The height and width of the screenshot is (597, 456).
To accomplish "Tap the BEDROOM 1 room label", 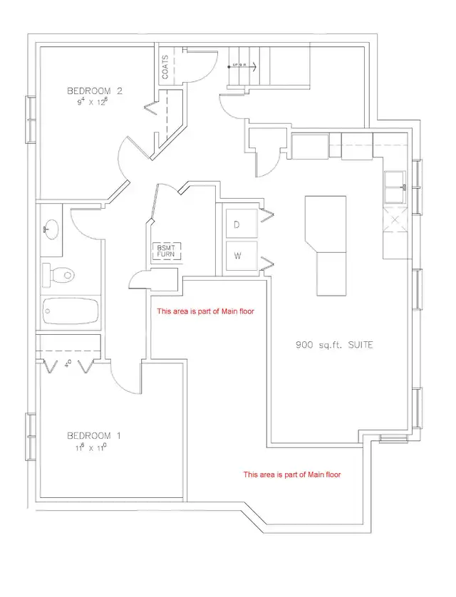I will coord(90,435).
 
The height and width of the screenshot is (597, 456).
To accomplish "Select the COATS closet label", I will coord(165,68).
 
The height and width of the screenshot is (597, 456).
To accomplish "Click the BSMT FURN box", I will coord(165,251).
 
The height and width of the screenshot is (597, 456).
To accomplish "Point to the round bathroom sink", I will coord(51,229).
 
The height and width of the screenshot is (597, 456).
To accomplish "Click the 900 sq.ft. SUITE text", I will coord(335,346).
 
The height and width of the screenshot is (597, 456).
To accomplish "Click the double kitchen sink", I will coord(396,189).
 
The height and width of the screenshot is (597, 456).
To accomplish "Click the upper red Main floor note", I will coord(205,311).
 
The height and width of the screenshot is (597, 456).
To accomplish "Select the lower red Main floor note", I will coord(292,474).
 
